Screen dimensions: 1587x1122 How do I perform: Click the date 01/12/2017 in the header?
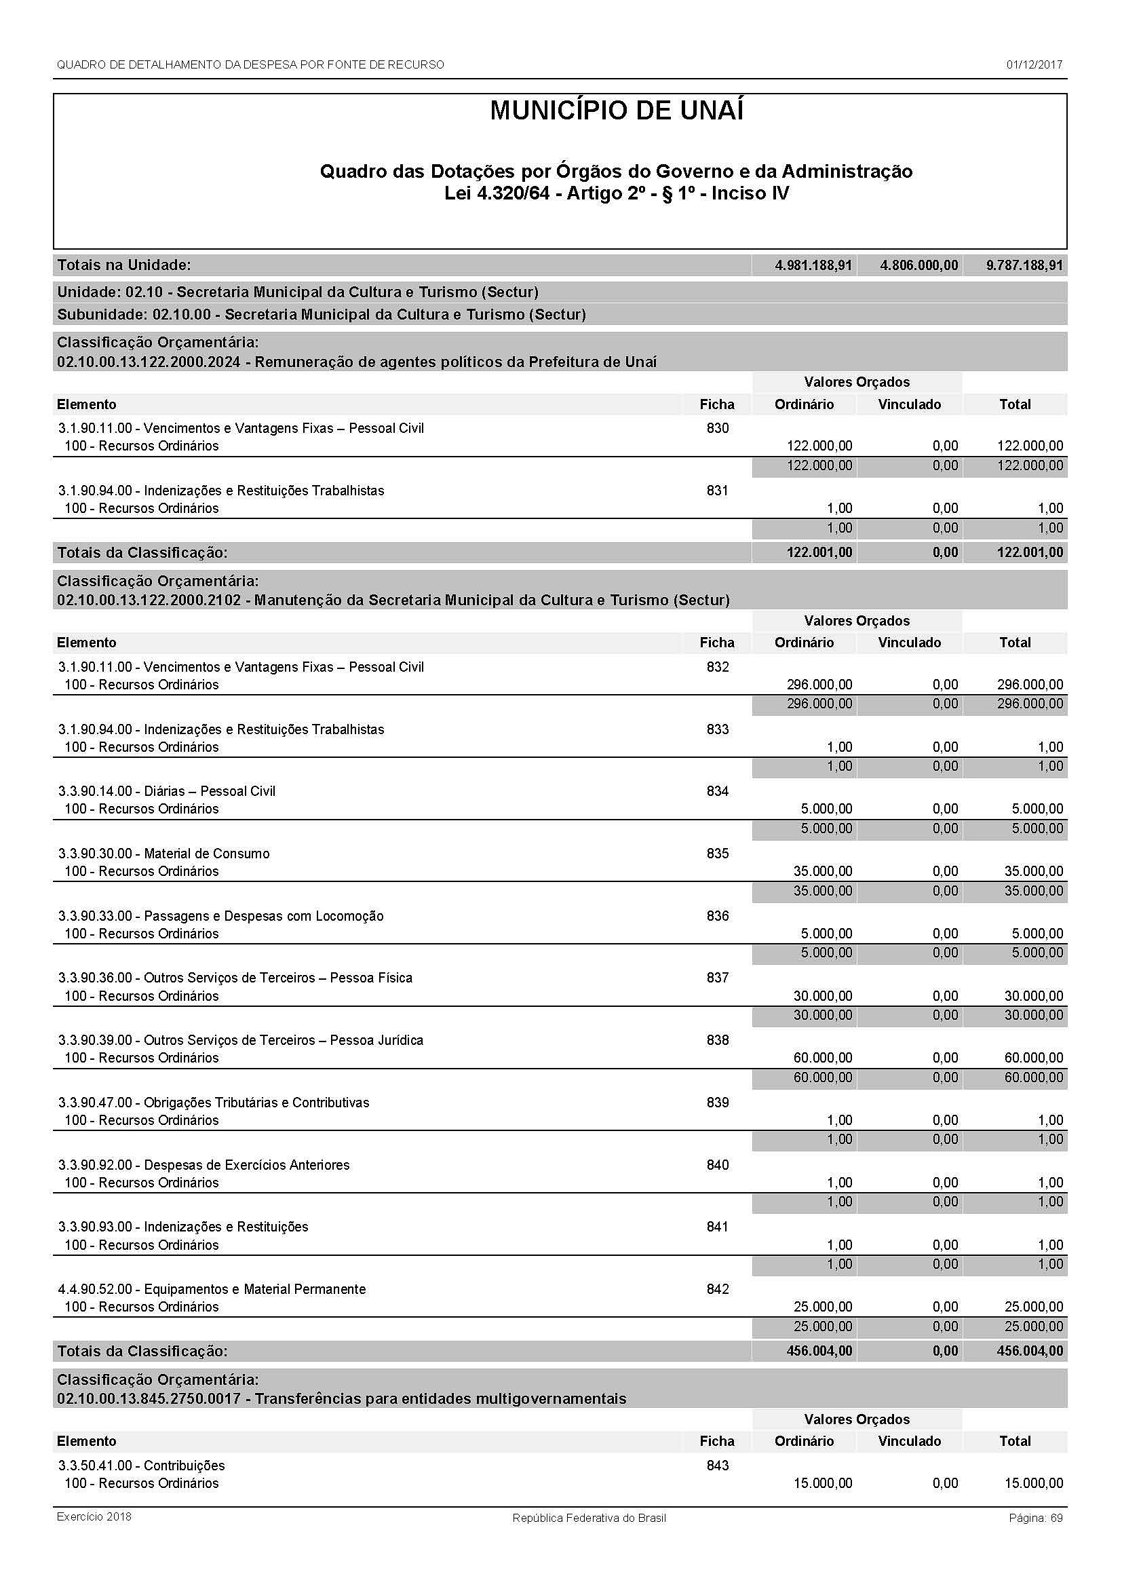(x=1034, y=65)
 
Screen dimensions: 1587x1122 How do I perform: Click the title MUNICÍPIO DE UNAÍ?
(x=616, y=111)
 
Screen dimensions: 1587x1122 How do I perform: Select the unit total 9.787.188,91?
(x=1024, y=265)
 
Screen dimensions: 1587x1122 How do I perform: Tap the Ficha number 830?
(x=717, y=429)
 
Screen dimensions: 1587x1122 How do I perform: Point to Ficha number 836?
(x=717, y=916)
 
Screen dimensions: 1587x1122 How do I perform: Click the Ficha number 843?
(x=717, y=1466)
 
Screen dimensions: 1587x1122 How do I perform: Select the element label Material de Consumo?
(x=207, y=854)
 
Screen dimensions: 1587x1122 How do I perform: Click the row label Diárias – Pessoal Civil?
(x=210, y=791)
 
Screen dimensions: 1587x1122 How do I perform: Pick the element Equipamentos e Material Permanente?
(x=254, y=1289)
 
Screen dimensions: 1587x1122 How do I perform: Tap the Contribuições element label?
(x=184, y=1466)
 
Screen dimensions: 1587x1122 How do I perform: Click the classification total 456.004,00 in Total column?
(x=1030, y=1352)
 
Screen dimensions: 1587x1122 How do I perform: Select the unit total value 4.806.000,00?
(x=919, y=265)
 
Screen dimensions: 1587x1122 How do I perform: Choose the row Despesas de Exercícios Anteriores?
(x=246, y=1165)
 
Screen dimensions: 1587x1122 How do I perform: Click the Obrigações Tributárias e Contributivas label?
(x=256, y=1103)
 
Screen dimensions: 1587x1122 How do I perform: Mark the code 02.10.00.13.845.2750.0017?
(x=149, y=1399)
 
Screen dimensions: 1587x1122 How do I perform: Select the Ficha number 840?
(x=717, y=1165)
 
